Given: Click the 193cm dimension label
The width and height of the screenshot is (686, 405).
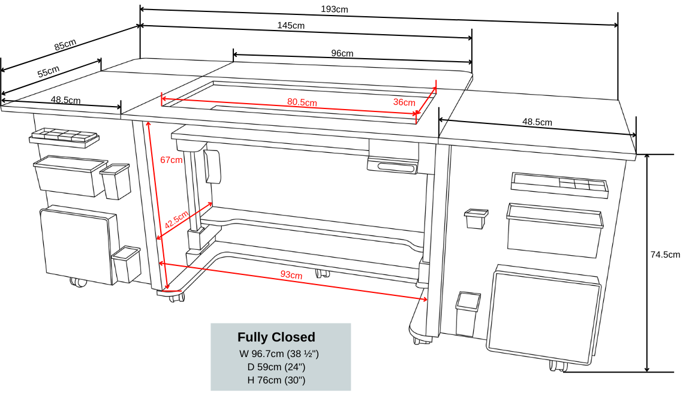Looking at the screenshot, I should tap(334, 9).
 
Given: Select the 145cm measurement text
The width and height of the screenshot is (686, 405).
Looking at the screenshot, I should tap(291, 25).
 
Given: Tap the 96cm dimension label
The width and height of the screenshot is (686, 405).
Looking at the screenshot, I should tap(342, 53).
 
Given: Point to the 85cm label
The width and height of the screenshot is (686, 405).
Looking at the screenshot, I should tap(65, 44).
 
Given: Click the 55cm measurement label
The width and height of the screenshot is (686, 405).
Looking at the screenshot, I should tap(49, 71).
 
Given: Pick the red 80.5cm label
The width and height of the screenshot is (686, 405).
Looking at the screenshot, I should tap(302, 102).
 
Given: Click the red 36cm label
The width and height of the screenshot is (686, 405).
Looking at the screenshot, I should tap(404, 102).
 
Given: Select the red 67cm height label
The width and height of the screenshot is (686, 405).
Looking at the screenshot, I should tap(171, 160).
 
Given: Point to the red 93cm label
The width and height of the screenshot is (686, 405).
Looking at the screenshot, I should tap(291, 274).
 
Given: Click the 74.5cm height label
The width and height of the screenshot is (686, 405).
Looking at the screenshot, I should tap(665, 255).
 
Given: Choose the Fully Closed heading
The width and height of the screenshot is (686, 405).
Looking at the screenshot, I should tap(276, 337).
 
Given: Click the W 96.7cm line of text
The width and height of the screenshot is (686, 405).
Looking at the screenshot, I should tap(279, 354).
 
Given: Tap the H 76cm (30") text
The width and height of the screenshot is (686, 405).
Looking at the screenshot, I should tap(276, 380).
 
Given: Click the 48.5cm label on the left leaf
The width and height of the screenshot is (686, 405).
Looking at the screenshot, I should tap(65, 100).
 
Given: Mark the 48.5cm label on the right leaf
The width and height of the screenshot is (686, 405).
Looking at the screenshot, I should tap(537, 122).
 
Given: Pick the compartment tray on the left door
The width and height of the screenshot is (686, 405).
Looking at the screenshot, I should tap(64, 138).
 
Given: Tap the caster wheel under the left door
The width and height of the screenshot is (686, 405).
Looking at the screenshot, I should tap(77, 281).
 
